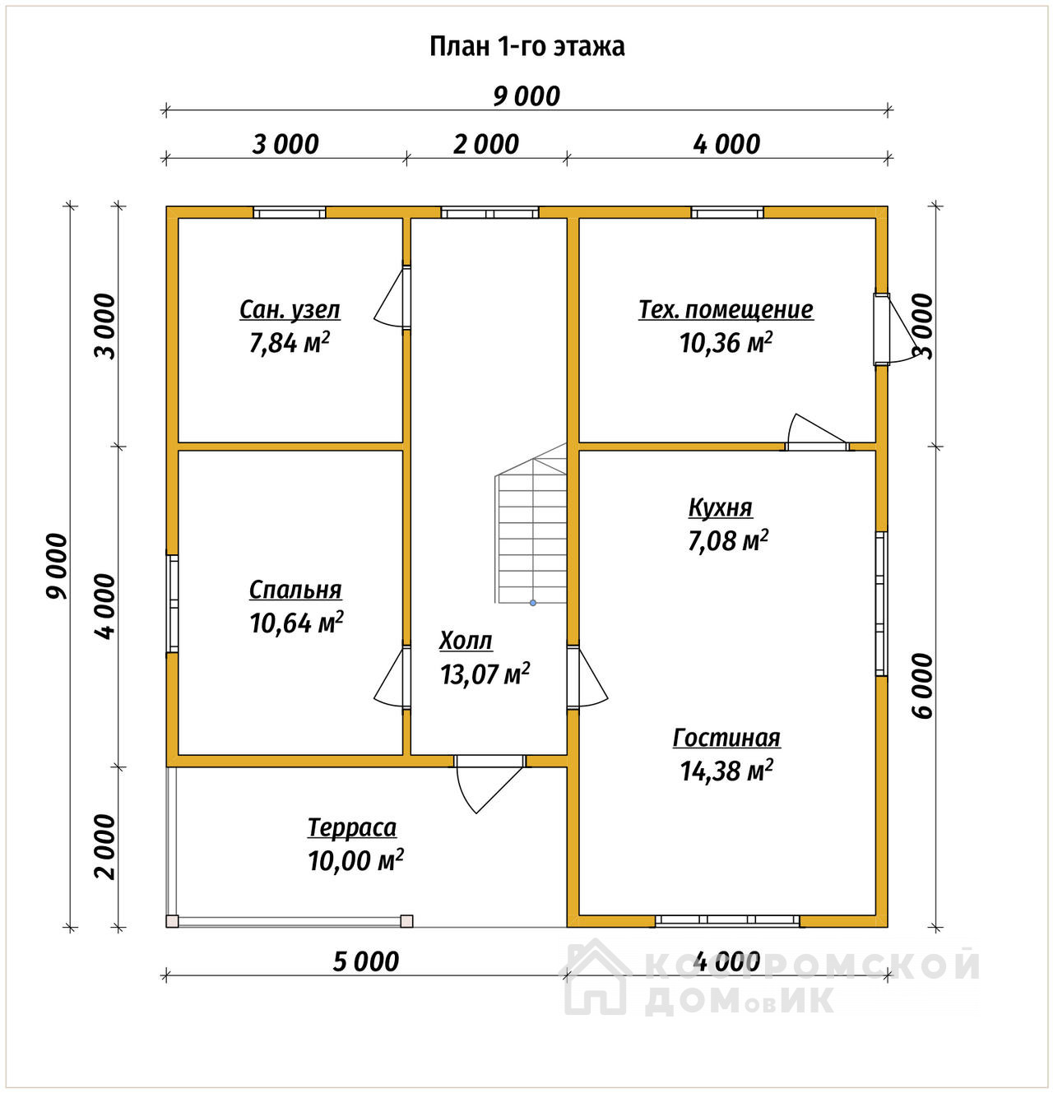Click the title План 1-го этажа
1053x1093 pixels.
point(526,46)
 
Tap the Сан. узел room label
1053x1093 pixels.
point(290,309)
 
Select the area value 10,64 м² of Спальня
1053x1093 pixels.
point(296,623)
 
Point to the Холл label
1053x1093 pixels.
point(466,641)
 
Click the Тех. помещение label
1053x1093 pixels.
point(726,309)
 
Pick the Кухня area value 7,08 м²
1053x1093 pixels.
point(728,541)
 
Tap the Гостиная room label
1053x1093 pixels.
point(726,738)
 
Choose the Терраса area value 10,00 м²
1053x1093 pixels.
point(355,860)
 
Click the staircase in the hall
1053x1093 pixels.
point(531,523)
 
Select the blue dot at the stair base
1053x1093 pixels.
point(533,603)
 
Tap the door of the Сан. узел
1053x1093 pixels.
point(392,298)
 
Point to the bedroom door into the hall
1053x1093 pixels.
point(392,678)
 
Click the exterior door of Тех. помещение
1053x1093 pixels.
point(893,329)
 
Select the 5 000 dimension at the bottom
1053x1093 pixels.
point(366,962)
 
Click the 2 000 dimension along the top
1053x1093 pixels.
point(486,145)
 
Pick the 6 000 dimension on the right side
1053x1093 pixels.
point(923,686)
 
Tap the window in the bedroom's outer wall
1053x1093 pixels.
point(173,604)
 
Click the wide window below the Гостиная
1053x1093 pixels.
point(727,920)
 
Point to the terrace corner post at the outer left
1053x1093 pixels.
point(172,921)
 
